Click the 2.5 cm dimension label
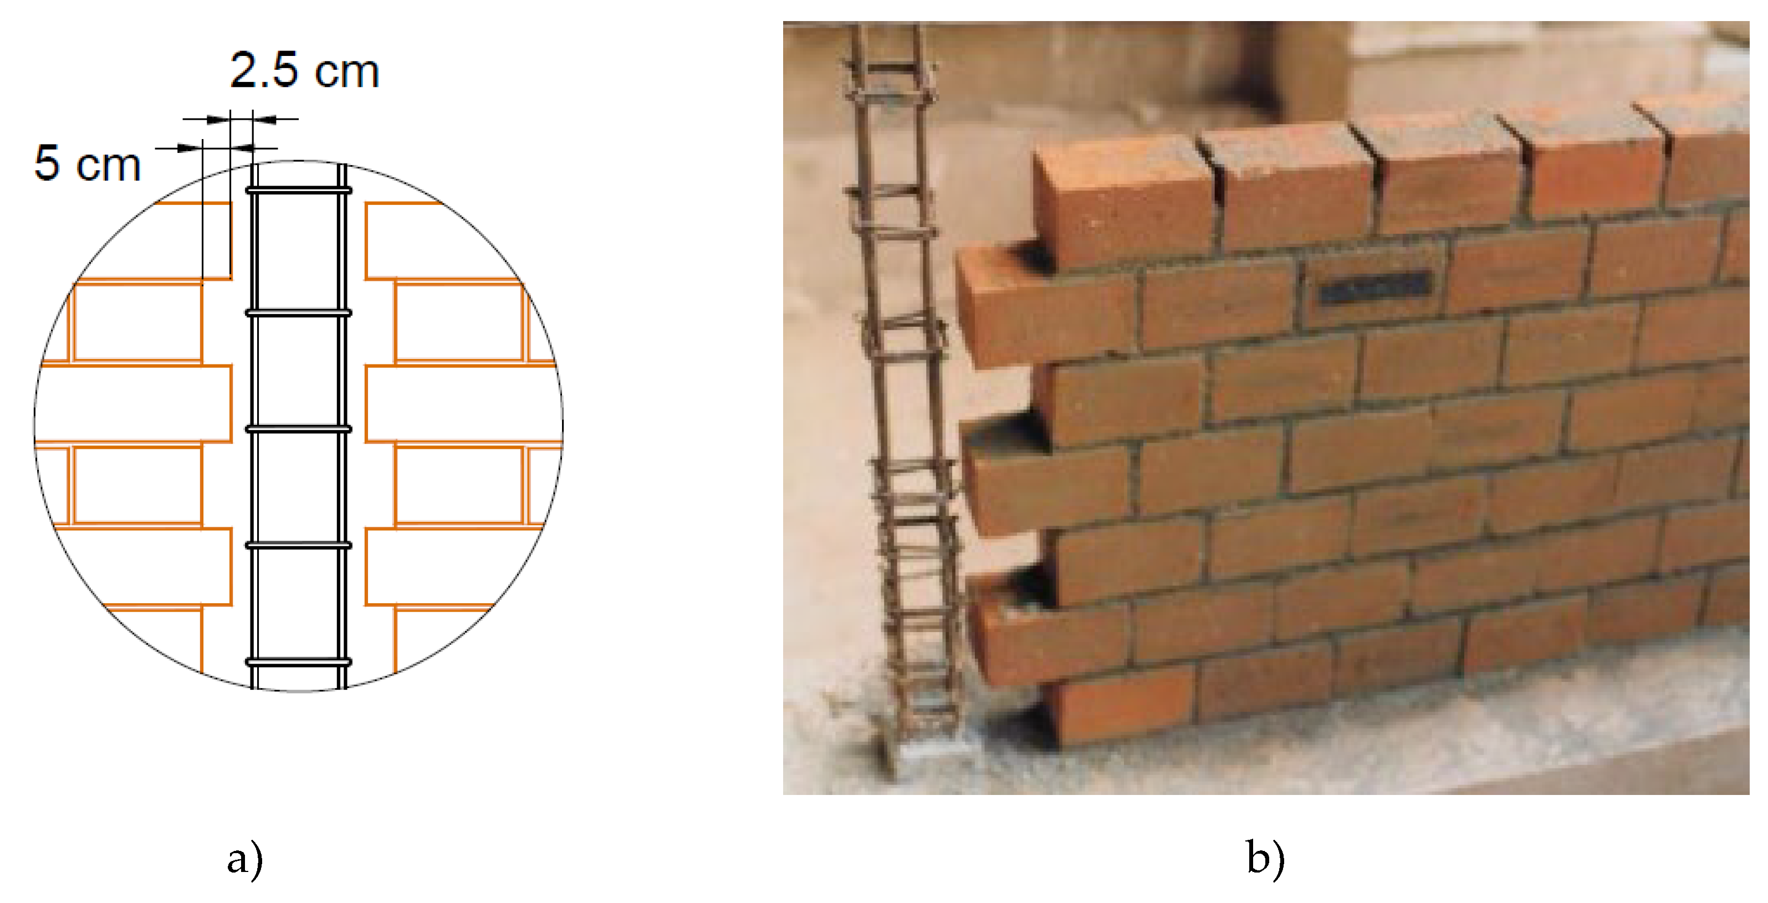pos(304,71)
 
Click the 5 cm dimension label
pos(87,164)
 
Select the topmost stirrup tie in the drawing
pos(299,190)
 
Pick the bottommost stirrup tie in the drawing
pos(299,662)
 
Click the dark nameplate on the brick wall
pos(1374,289)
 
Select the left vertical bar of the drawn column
pos(254,425)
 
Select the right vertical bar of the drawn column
pos(342,425)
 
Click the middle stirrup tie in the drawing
pos(299,429)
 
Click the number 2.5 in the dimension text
pos(264,71)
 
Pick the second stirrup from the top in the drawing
pos(299,313)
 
